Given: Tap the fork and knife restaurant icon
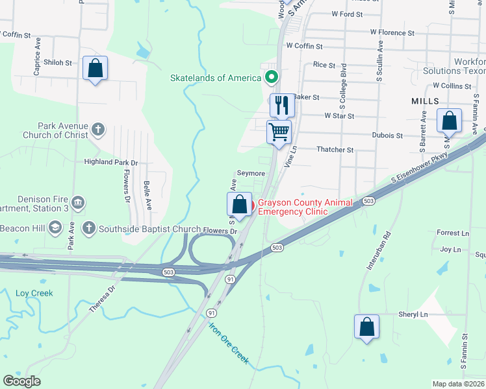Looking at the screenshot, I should [281, 104].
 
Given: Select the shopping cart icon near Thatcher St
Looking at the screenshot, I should [279, 132].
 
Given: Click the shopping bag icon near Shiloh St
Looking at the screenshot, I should [96, 69].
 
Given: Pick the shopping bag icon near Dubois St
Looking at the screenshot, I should [449, 121].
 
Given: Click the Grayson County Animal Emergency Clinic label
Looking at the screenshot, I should [305, 207].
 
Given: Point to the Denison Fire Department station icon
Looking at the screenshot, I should [78, 203].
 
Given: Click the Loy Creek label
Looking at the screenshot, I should [34, 293].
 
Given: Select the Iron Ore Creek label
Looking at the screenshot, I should [229, 344].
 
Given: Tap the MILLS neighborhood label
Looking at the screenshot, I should [425, 102].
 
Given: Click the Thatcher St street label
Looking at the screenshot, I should [335, 150].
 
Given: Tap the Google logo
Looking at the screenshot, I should [21, 381].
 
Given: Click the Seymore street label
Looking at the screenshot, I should [251, 174].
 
